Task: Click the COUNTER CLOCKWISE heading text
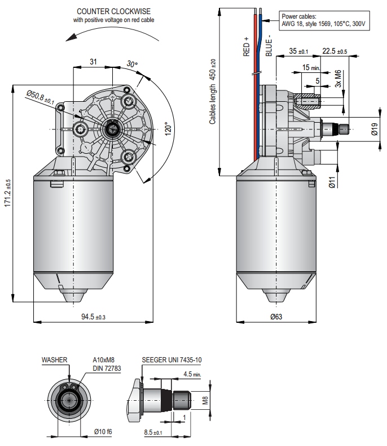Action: point(114,11)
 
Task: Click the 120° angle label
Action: point(168,131)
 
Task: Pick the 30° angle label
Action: point(132,64)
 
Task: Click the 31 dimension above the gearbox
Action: point(93,61)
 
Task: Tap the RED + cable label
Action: point(247,47)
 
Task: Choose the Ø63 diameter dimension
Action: point(276,317)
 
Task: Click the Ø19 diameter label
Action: point(375,129)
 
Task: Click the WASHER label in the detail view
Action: point(54,360)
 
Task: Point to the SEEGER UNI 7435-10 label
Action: point(171,360)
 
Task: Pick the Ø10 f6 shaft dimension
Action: point(103,431)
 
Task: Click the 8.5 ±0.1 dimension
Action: point(153,432)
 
